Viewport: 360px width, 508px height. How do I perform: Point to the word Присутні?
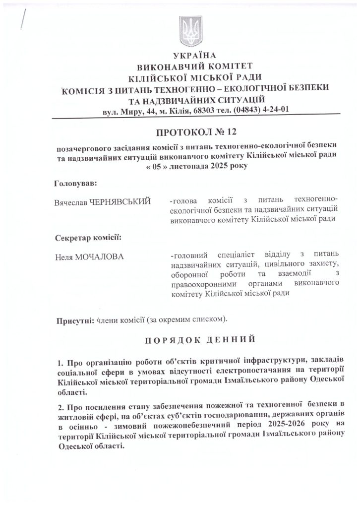pos(75,317)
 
